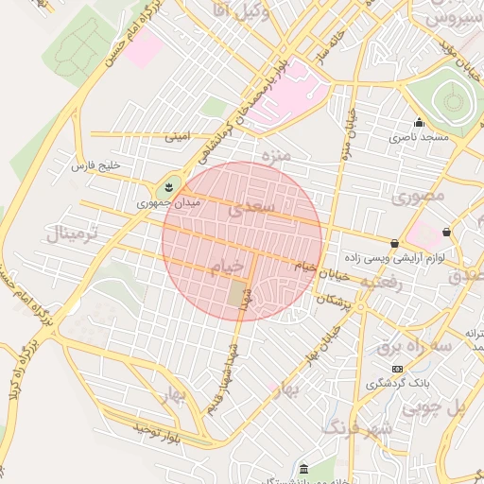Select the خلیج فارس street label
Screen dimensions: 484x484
point(97,165)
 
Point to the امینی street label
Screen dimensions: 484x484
point(177,137)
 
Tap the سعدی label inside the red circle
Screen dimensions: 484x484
point(253,204)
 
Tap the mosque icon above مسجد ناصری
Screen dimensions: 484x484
point(420,122)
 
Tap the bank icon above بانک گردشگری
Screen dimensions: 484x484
point(397,368)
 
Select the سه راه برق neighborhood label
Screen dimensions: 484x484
point(415,346)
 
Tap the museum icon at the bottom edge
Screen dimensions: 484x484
point(302,470)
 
